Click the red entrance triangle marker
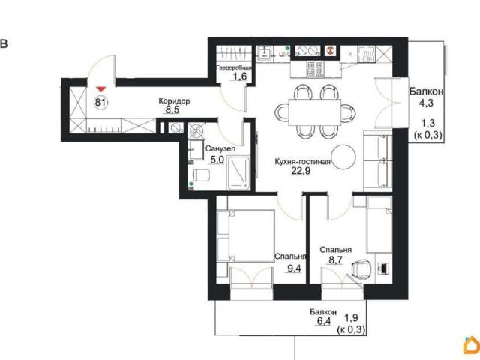coord(101,89)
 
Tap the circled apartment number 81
coord(100,102)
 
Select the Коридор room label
coord(174,100)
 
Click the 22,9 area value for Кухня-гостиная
coord(301,171)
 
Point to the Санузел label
coord(220,148)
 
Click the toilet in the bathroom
coord(201,175)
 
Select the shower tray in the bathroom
coord(238,173)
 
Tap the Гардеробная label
coord(234,67)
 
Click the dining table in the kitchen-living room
coord(315,112)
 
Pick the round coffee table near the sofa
coord(343,156)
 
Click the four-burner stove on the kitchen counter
coord(316,68)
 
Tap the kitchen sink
coord(264,53)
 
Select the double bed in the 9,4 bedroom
coord(246,235)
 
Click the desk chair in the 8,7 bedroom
coord(361,268)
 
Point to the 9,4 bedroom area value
coord(294,268)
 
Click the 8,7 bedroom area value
coord(335,260)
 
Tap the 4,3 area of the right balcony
coord(426,103)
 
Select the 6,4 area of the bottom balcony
coord(324,321)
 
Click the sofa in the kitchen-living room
coord(378,160)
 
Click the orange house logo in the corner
coord(472,345)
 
